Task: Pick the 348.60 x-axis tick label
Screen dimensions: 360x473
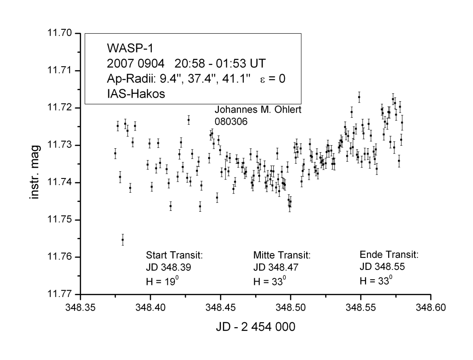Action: point(430,306)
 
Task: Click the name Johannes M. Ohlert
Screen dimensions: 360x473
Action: point(258,110)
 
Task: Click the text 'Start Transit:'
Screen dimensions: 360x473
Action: point(174,256)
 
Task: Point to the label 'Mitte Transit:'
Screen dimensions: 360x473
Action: point(281,256)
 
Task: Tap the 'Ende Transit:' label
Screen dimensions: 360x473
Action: point(389,255)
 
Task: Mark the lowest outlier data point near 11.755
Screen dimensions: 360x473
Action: point(122,240)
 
